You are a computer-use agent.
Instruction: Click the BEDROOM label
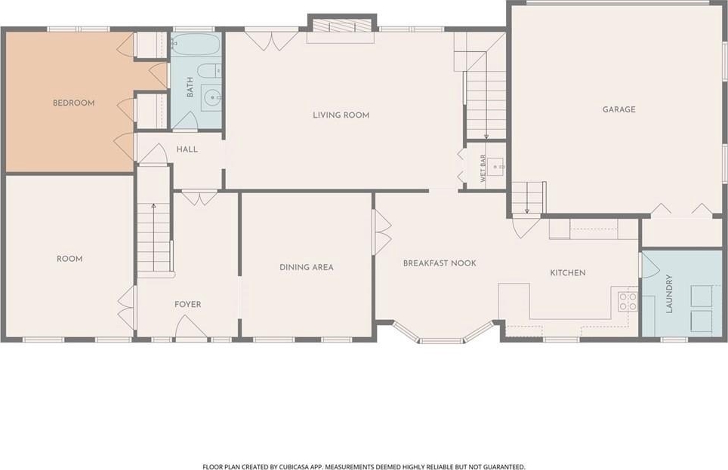(73, 103)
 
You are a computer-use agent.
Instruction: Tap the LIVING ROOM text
(341, 115)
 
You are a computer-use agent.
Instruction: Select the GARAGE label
(619, 109)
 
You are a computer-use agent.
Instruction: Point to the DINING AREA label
(307, 267)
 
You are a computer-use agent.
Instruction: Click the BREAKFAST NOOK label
(440, 263)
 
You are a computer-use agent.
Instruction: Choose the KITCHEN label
(568, 273)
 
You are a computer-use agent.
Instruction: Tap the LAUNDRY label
(669, 293)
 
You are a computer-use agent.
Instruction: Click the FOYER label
(187, 304)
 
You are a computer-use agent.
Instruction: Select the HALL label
(187, 149)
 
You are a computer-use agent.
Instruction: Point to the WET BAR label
(483, 168)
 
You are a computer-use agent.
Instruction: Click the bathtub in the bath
(196, 45)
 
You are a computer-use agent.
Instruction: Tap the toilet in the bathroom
(209, 71)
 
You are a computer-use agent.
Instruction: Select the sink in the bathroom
(211, 97)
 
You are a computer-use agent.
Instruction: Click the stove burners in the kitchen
(628, 301)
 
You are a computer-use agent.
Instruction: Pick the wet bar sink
(497, 166)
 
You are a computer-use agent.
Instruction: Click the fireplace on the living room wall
(341, 26)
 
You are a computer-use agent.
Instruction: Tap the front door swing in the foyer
(191, 327)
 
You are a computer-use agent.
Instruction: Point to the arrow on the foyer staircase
(153, 237)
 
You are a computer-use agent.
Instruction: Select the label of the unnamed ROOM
(69, 259)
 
